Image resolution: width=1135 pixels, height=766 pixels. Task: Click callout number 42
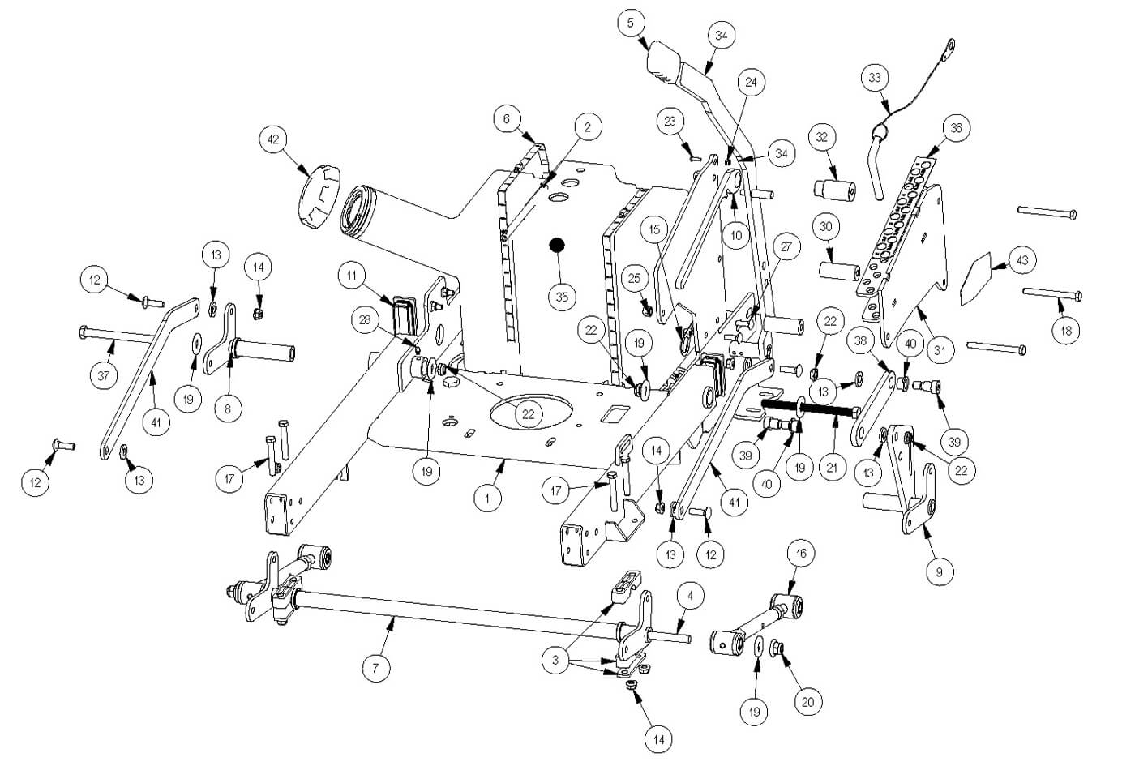click(273, 139)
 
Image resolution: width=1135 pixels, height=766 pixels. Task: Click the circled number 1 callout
click(487, 499)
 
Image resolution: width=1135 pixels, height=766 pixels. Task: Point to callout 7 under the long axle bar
click(375, 669)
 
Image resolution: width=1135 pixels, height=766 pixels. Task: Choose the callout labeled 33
click(874, 78)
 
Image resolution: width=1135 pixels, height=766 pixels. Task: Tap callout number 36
click(957, 128)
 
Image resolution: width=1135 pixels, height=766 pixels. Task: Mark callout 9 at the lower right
click(940, 571)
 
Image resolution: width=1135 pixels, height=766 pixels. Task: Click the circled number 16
click(801, 554)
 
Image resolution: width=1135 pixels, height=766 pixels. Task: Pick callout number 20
click(807, 702)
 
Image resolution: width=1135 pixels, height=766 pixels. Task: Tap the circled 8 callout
click(228, 409)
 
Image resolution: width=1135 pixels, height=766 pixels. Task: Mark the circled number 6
click(507, 120)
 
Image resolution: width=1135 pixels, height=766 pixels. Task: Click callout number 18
click(1066, 330)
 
